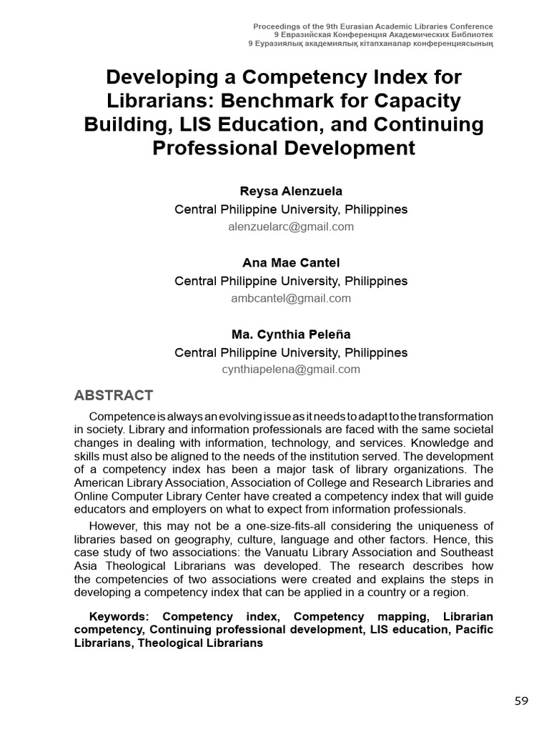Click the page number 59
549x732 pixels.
pos(521,701)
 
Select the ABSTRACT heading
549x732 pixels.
pos(114,395)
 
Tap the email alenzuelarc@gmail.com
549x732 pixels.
pos(291,227)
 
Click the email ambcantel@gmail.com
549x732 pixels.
pos(291,298)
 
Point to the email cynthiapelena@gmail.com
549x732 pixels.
pos(291,370)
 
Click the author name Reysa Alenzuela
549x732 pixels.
pos(291,191)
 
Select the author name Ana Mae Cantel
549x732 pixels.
pos(291,262)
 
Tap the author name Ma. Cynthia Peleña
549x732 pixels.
pos(291,334)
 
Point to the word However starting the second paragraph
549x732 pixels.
pos(112,527)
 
